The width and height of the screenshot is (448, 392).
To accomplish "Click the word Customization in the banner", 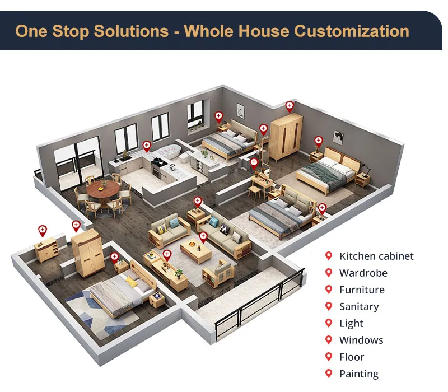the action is tap(352, 31).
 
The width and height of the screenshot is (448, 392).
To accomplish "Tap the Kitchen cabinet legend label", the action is tap(376, 256).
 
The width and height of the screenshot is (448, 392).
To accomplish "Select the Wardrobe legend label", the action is tap(363, 273).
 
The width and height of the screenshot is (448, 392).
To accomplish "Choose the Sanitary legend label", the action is tap(359, 307).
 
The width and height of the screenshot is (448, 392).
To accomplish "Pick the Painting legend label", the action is tap(359, 374).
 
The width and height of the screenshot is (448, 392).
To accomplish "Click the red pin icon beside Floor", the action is tap(329, 357).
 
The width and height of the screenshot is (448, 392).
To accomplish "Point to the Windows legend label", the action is tap(361, 340).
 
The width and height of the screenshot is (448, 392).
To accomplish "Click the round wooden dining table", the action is tap(103, 190).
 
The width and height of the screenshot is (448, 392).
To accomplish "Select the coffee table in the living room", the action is tap(195, 250).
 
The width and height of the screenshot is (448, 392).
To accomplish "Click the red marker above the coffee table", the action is tap(203, 237).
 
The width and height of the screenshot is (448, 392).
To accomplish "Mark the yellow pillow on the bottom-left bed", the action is tap(131, 282).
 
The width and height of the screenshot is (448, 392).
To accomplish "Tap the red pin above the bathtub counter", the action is tap(147, 146).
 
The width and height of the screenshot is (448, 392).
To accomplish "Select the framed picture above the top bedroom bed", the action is tap(241, 111).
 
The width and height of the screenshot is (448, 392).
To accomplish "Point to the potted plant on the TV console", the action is tap(179, 274).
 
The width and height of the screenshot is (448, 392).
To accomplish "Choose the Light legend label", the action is tap(351, 324).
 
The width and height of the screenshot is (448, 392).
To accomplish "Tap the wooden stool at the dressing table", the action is tap(254, 192).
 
